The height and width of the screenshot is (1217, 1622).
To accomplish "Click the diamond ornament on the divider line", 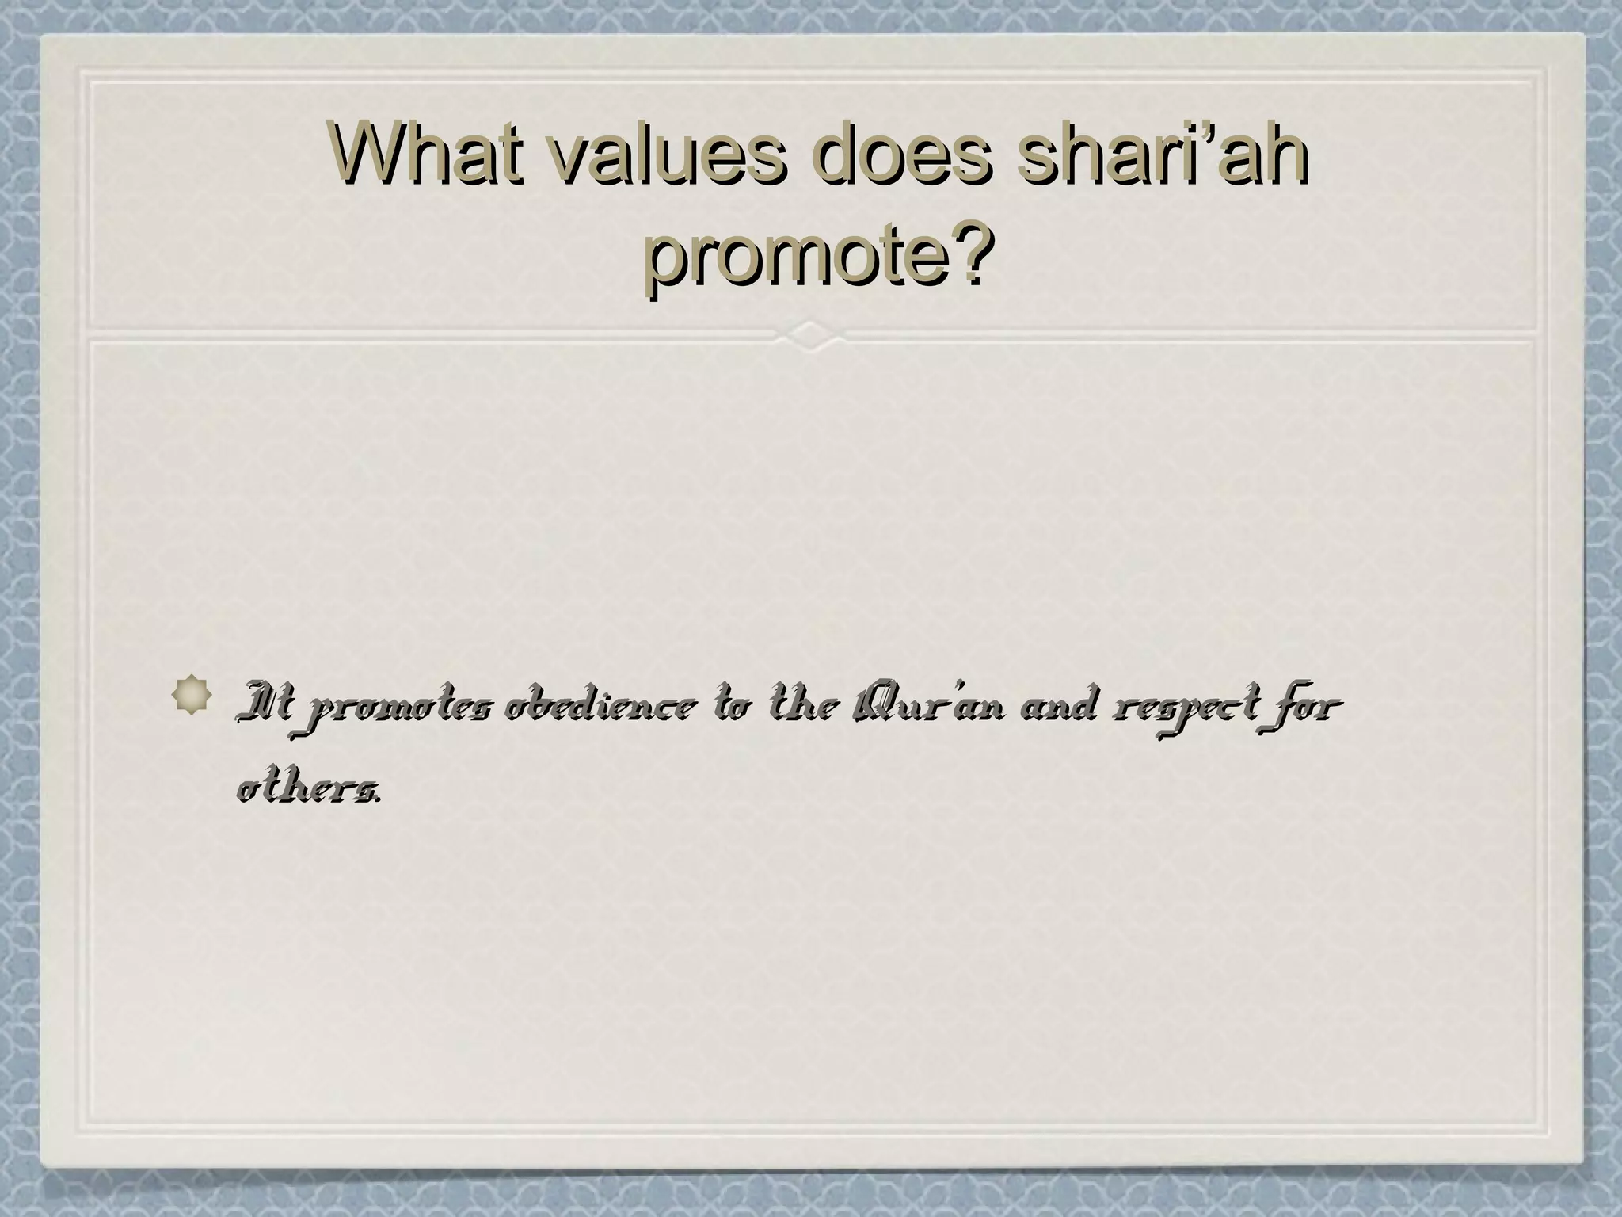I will point(811,335).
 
